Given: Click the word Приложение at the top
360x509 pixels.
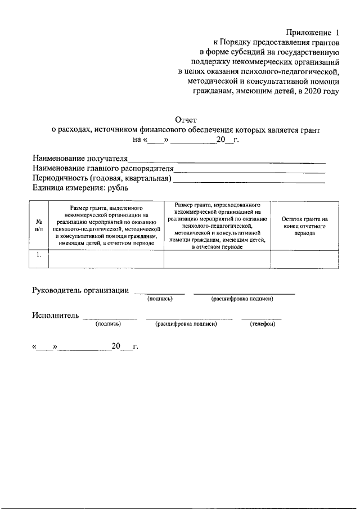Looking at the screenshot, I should coord(306,33).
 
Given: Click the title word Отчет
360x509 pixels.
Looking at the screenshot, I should coord(186,119).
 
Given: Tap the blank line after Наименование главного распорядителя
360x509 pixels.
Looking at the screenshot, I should coord(249,170).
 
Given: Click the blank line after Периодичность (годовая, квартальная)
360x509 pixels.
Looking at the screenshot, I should coord(249,181).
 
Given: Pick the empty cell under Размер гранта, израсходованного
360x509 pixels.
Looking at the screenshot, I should coord(217,260).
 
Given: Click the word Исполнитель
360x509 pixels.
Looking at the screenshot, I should coord(55,315).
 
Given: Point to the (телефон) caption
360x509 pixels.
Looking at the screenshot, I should coord(262,324).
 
